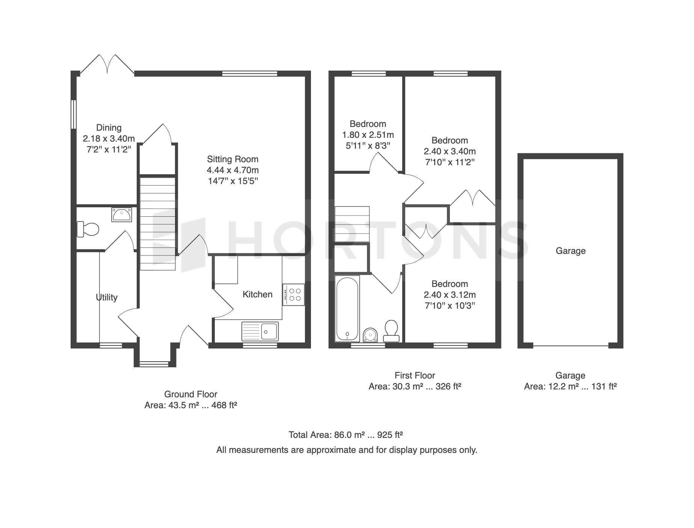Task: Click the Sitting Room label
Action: tap(232, 159)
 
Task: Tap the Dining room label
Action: tap(109, 128)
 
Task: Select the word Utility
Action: tap(107, 297)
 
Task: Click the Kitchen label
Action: tap(258, 294)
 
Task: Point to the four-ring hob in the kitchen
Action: tap(294, 295)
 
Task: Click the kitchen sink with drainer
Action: tap(260, 331)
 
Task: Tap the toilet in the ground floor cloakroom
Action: tap(88, 229)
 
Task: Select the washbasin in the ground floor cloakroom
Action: tap(121, 215)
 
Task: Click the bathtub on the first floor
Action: tap(347, 309)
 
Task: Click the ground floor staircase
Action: tap(158, 224)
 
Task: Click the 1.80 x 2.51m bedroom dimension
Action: tap(368, 135)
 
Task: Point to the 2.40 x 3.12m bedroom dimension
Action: tap(450, 295)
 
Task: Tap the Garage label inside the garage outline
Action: tap(571, 251)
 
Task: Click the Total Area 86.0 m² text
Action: tap(346, 435)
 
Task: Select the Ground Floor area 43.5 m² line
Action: tap(191, 406)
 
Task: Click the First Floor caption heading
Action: tap(415, 376)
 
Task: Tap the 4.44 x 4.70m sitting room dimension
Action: tap(233, 170)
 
